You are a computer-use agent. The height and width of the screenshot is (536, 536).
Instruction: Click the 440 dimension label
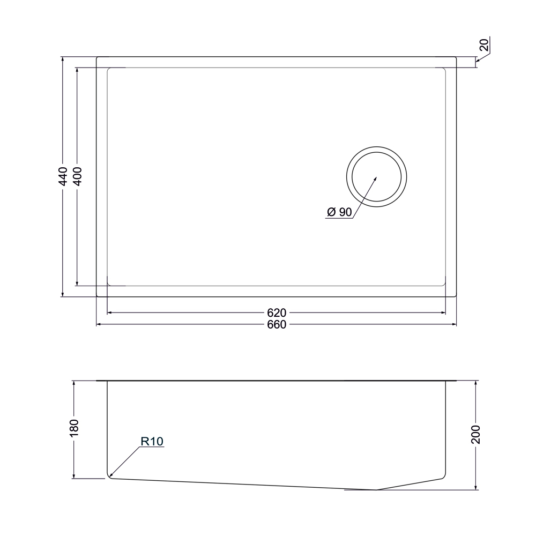63,176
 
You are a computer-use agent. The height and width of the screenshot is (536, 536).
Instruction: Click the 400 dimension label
78,176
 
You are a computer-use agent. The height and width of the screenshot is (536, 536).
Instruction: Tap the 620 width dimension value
277,313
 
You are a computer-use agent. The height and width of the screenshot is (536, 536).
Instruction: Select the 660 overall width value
277,324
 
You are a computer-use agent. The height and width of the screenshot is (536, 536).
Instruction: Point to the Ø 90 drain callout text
339,212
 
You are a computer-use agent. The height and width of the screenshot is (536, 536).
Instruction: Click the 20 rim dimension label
485,45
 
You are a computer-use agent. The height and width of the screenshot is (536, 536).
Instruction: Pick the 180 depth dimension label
74,428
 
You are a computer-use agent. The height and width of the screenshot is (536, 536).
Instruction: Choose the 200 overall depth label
476,435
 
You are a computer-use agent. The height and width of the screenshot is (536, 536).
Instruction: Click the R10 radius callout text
152,441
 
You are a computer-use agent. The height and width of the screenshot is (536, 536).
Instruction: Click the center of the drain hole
376,177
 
